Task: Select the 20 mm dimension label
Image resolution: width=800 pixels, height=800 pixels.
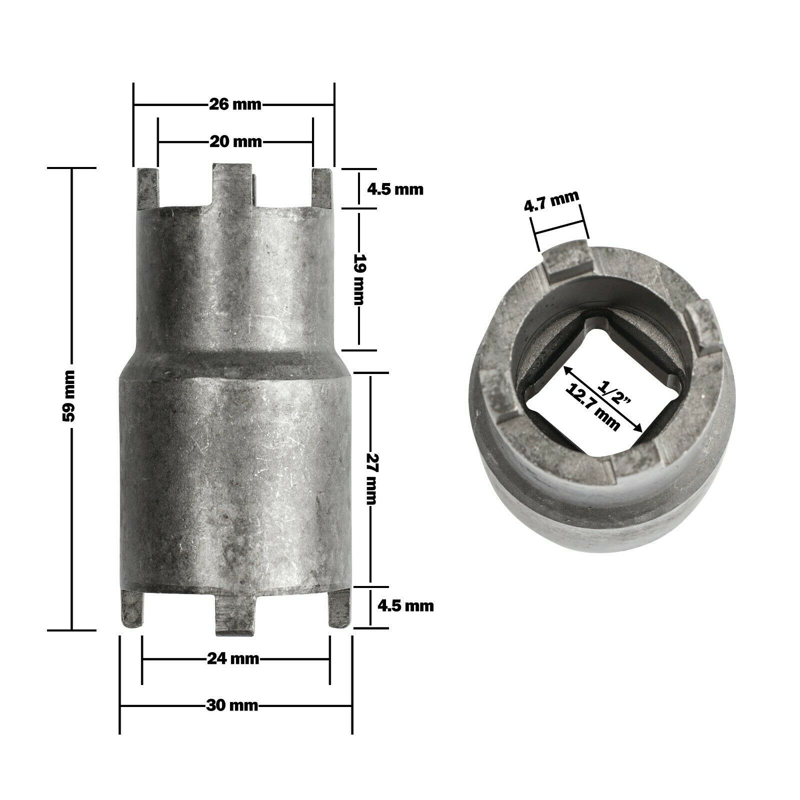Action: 235,142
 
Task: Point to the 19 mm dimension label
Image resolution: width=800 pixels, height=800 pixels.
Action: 359,279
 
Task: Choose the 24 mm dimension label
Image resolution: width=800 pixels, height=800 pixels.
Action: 233,658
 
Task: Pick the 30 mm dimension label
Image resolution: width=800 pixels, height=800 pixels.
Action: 232,705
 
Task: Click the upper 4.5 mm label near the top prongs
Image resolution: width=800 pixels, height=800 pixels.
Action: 395,189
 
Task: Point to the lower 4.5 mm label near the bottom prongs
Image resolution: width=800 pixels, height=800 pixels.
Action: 405,606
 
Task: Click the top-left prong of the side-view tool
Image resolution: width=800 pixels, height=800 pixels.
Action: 148,189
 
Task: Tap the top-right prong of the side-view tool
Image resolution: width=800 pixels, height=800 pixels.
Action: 322,189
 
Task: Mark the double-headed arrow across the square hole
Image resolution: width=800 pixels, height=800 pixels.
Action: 603,398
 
